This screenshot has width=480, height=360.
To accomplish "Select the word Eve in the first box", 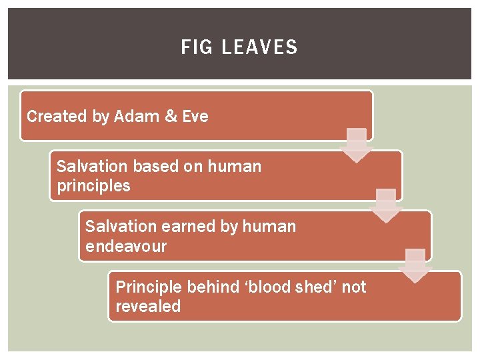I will pos(195,117).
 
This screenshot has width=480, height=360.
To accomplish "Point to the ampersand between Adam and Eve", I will pos(171,117).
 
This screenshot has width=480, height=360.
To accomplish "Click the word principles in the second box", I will pos(93,186).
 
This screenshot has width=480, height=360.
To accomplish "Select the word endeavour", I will pos(126,247).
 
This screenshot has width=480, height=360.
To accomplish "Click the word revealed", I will pos(148,307).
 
